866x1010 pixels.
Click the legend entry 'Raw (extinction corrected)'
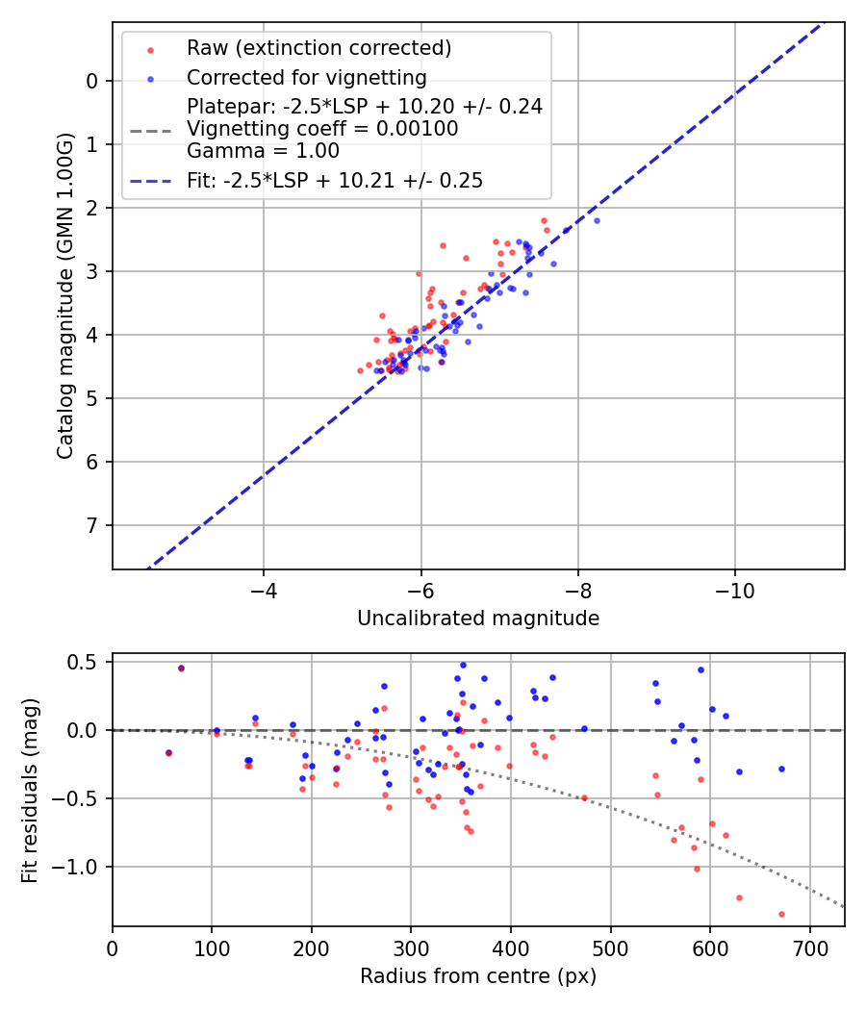(x=318, y=48)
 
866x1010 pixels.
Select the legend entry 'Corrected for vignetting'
(x=306, y=77)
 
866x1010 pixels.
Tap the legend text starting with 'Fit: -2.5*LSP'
(x=335, y=180)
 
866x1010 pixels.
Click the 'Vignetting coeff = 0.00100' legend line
(x=322, y=129)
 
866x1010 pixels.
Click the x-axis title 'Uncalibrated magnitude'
(x=478, y=619)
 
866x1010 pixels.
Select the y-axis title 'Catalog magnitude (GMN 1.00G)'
(x=65, y=295)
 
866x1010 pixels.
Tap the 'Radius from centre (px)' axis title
(x=478, y=976)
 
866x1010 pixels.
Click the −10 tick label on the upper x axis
(x=734, y=588)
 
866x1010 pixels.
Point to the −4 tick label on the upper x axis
(x=264, y=588)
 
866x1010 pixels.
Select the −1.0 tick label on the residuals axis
(x=81, y=867)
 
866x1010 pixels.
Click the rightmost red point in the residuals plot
(x=781, y=914)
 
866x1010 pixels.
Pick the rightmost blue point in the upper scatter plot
(x=597, y=220)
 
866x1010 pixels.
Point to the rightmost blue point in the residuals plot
(x=781, y=769)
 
